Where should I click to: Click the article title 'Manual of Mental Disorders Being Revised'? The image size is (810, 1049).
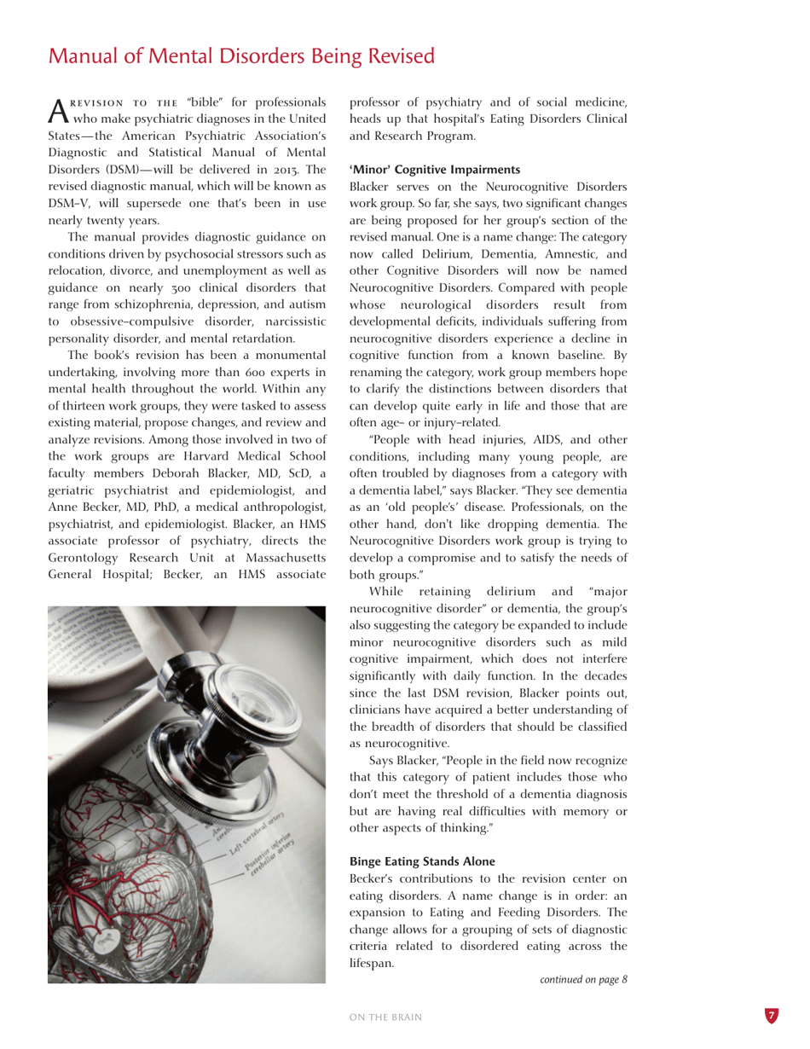point(242,56)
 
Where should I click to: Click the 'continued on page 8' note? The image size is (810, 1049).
point(584,979)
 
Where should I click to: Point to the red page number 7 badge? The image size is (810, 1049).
point(771,1016)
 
